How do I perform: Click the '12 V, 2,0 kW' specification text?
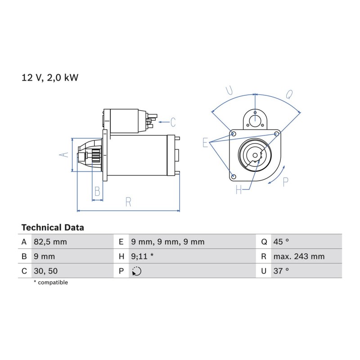50,78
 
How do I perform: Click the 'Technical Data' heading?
53,228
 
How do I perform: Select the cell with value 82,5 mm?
50,242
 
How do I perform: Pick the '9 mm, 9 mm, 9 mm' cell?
167,242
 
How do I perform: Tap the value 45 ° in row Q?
281,242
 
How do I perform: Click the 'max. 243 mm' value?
299,256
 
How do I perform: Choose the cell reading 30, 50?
46,271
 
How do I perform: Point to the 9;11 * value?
142,256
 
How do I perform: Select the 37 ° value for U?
281,271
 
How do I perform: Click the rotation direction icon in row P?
137,271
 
